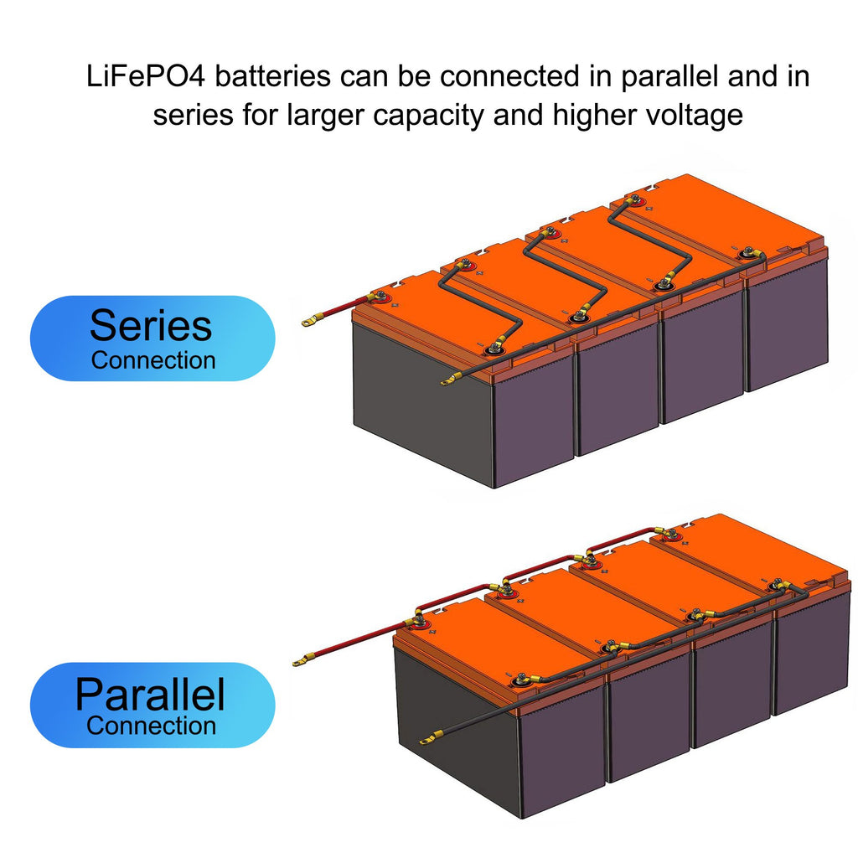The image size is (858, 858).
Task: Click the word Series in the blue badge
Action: tap(151, 325)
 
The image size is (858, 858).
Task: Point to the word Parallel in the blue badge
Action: tap(151, 695)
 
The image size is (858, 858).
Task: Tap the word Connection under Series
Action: tap(153, 361)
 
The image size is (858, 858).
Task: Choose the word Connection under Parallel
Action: tap(151, 726)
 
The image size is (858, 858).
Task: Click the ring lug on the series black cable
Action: tap(447, 382)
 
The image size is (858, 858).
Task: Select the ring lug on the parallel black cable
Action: tap(428, 739)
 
